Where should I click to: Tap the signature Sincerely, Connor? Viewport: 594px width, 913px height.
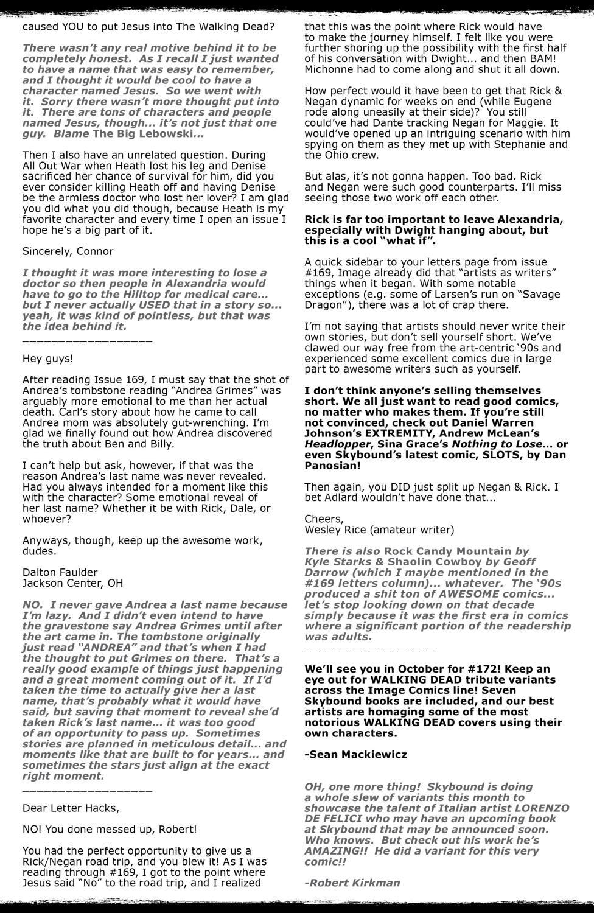(68, 251)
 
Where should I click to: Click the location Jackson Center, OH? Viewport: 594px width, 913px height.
(72, 583)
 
